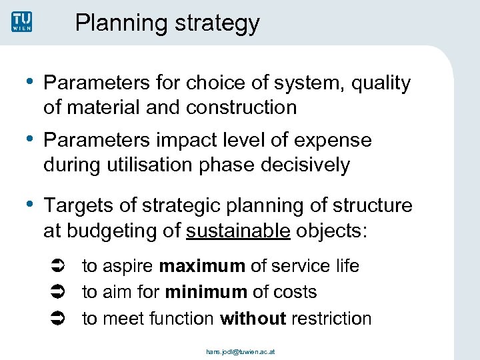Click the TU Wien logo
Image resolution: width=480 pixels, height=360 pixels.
coord(21,22)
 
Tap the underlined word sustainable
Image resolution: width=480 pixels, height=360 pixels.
coord(238,231)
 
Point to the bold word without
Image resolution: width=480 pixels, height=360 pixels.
coord(253,319)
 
